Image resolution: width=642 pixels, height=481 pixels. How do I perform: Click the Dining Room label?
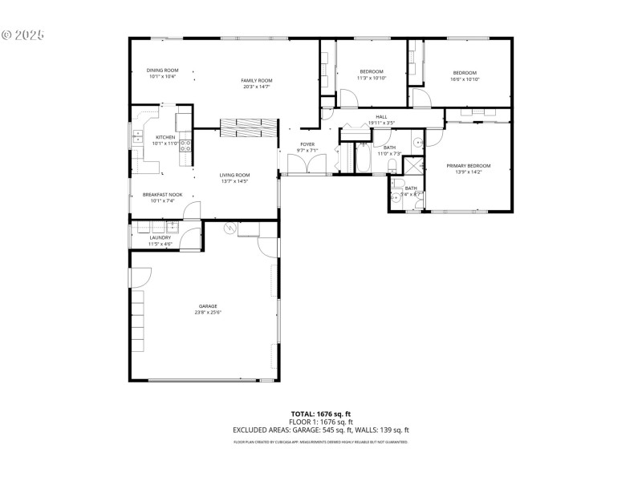161,71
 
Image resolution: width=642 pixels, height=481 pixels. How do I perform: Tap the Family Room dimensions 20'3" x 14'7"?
257,87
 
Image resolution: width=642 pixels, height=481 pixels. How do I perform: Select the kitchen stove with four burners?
185,145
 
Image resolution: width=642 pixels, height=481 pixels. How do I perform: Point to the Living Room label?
235,175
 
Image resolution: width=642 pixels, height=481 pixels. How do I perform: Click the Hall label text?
381,117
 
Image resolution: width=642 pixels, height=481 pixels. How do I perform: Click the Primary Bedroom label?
468,165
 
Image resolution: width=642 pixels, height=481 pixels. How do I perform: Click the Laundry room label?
160,237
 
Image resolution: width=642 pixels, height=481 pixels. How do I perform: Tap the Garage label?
208,305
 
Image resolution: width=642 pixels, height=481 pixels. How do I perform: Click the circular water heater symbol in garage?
229,229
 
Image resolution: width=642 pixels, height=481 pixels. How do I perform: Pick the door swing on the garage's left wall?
140,277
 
